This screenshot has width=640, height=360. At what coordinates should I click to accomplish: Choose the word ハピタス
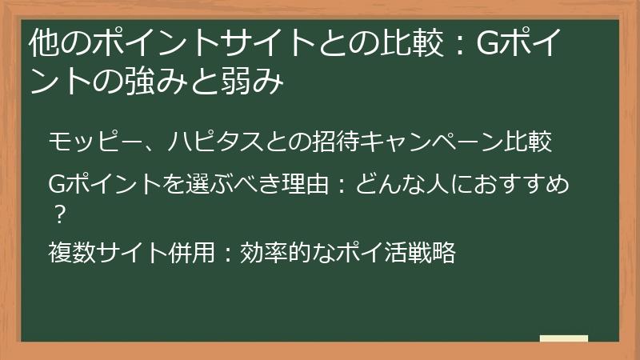(x=215, y=142)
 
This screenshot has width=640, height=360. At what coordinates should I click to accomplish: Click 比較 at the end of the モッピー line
(x=528, y=142)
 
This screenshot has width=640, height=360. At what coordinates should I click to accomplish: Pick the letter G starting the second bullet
(x=57, y=184)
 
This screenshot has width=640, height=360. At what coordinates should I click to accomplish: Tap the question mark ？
(x=60, y=214)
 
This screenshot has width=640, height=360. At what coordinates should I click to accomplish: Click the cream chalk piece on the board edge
(x=564, y=338)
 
